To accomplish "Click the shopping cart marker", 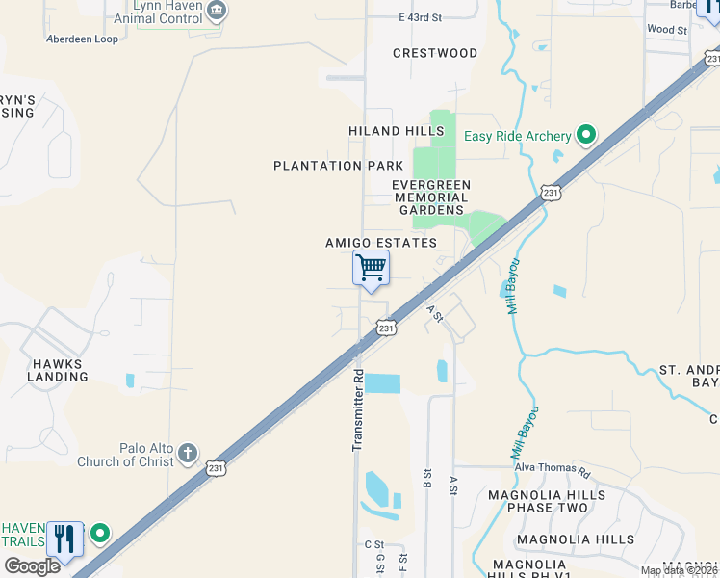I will pos(371,268).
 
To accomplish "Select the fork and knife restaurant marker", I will pos(64,539).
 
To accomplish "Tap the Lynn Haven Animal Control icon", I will pos(219,11).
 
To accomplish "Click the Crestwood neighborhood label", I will pos(435,53).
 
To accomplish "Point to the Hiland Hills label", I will pos(397,131).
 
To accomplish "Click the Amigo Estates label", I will pos(381,244).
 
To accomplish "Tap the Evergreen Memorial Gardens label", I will pos(431,197).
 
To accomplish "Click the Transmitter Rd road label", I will pos(357,409).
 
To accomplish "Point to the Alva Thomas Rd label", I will pos(551,469).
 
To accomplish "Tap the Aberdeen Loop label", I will pos(82,39).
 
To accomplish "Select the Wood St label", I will pos(667,30).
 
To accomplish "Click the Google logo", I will pos(31,566).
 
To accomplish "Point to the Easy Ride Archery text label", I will pos(518,137).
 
